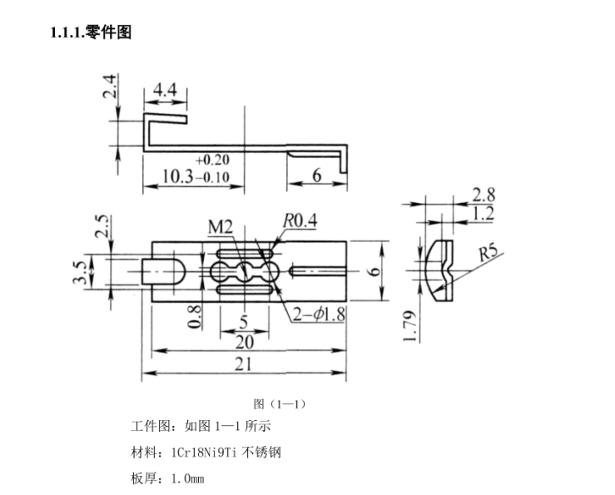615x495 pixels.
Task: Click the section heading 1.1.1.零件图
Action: coord(92,32)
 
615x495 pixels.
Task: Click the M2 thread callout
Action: coord(220,227)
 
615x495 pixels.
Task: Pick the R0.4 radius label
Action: coord(300,220)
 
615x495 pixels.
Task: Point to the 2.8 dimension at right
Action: coord(484,195)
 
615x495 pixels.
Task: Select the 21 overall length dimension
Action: coord(245,364)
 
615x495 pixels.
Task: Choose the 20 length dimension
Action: coord(244,342)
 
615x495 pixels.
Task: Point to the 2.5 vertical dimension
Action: coord(101,226)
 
